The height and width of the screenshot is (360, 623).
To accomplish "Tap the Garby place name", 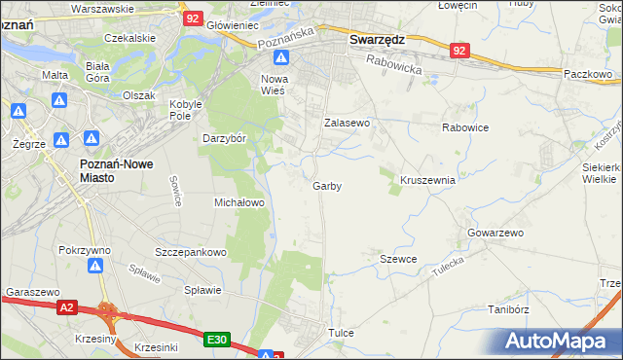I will [327, 186].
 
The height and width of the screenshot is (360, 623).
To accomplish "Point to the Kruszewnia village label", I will [428, 180].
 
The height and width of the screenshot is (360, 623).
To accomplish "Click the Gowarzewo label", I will [495, 234].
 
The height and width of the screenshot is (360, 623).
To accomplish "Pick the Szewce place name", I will [398, 259].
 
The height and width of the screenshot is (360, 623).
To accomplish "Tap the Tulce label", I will [341, 333].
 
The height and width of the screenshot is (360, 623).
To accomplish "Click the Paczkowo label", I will [586, 74].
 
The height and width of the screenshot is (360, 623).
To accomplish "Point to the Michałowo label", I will [239, 202].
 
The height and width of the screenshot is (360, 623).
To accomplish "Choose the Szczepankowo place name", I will [191, 252].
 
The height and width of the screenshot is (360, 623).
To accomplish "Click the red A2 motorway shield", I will [65, 307].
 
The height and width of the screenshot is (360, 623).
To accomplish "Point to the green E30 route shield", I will [217, 340].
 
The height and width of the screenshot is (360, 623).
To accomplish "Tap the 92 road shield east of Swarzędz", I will [460, 49].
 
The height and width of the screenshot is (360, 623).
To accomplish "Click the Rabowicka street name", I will [393, 64].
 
